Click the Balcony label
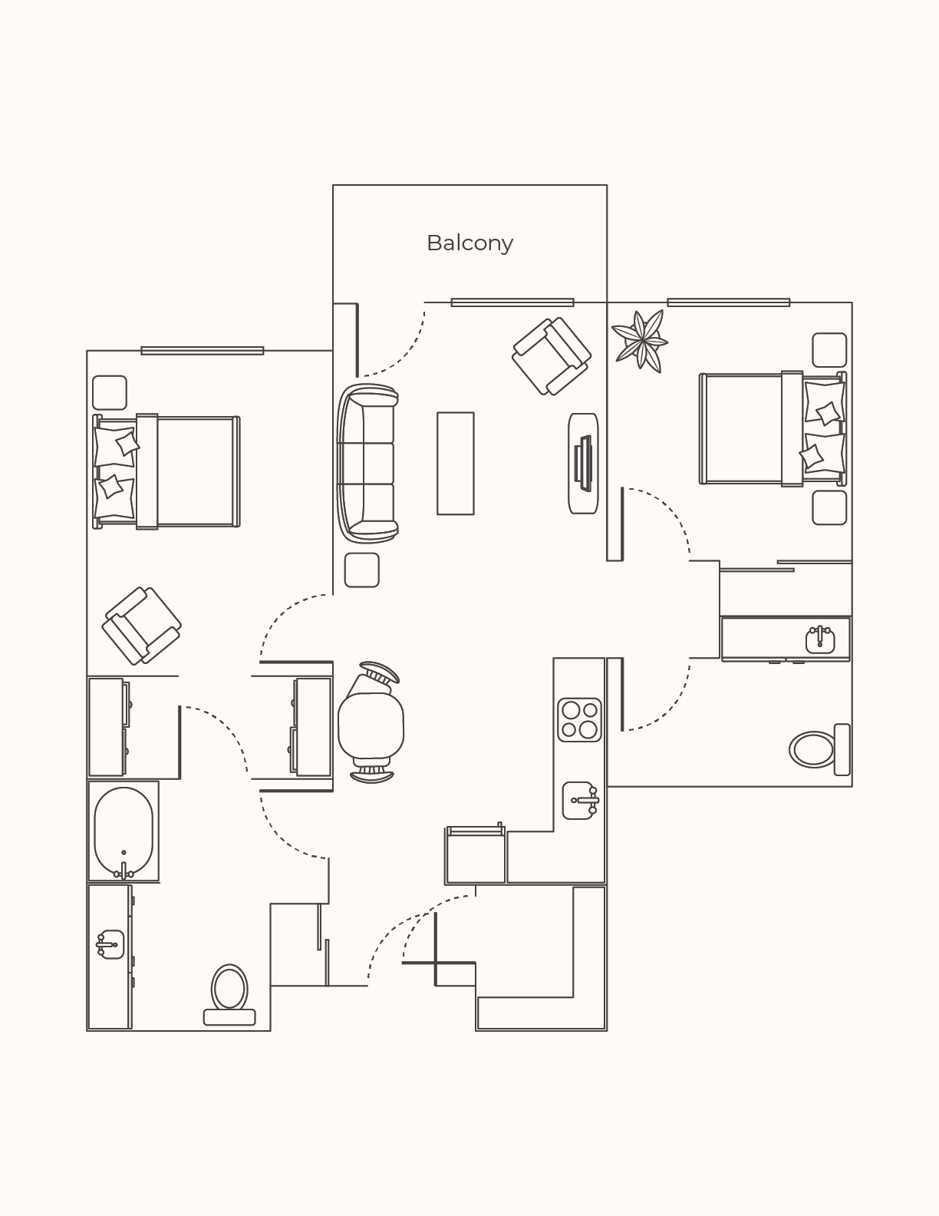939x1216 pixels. [x=470, y=243]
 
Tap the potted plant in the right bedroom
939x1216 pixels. [x=640, y=340]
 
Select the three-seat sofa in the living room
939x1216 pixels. [x=367, y=463]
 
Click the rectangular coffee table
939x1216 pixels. [x=456, y=463]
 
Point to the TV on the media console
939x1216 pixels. [x=584, y=463]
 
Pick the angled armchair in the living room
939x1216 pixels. [x=552, y=356]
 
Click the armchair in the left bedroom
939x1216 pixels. [x=142, y=626]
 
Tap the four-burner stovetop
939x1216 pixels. [x=579, y=719]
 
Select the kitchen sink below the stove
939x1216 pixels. [x=581, y=801]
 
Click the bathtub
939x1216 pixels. [x=124, y=831]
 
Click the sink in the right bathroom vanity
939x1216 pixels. [x=820, y=639]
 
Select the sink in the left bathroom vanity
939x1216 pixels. [x=110, y=944]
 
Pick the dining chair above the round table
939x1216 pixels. [x=379, y=673]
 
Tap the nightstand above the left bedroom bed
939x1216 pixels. [x=110, y=392]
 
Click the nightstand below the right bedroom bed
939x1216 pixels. [x=829, y=507]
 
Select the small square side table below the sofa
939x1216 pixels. [x=361, y=570]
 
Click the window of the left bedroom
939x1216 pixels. [x=202, y=351]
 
